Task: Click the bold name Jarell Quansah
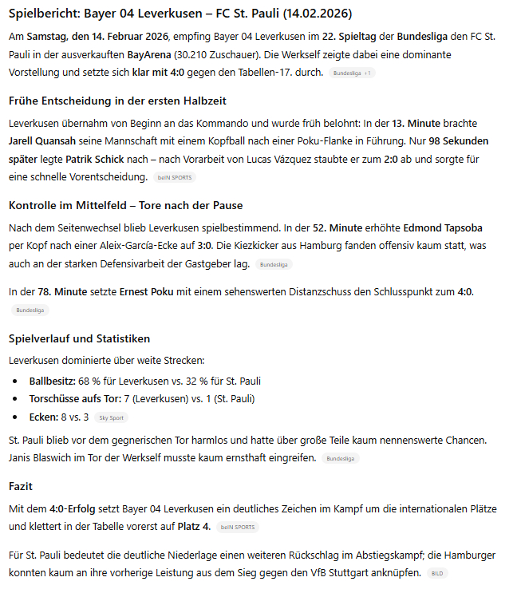[41, 140]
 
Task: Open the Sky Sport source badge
[112, 417]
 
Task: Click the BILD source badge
[436, 574]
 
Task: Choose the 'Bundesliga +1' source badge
[352, 73]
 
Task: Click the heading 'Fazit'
[21, 485]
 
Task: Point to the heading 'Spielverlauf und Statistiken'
[79, 338]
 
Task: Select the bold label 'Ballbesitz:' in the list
[52, 381]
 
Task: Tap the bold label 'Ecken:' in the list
[44, 417]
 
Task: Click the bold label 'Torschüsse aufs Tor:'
[75, 398]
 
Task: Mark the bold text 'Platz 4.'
[195, 526]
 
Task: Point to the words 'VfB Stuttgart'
[353, 572]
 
